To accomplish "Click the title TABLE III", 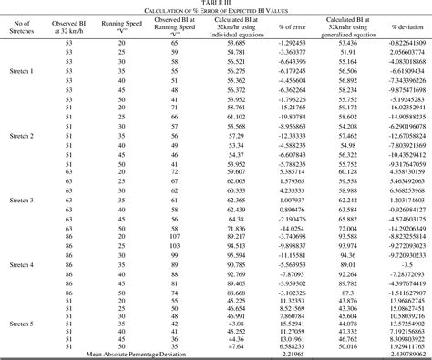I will (x=216, y=4).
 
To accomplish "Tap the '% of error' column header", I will (x=293, y=25).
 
